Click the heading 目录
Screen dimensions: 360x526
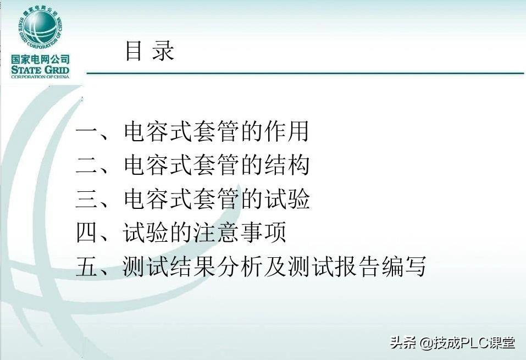(149, 51)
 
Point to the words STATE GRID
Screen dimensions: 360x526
(41, 70)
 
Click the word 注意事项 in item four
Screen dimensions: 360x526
(239, 234)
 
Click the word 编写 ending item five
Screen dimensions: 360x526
(409, 267)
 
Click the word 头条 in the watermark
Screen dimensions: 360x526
(402, 344)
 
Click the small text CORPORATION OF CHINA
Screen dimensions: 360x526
(41, 78)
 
